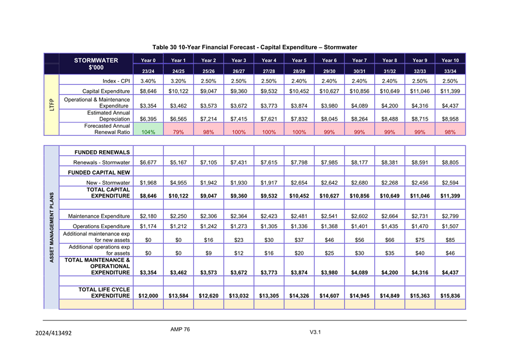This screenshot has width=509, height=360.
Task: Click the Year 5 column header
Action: [x=299, y=60]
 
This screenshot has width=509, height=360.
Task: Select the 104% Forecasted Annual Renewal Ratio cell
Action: [x=148, y=132]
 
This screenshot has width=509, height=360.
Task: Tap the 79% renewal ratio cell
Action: [x=178, y=132]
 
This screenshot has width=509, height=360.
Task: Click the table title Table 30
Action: [x=254, y=47]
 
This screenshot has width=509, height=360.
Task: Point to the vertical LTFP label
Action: [x=51, y=105]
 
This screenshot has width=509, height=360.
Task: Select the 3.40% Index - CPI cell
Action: [x=148, y=81]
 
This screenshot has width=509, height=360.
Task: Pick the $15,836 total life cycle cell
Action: [x=450, y=295]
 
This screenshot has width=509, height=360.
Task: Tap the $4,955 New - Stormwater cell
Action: [x=178, y=183]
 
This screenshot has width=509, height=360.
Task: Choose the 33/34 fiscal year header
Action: [x=450, y=71]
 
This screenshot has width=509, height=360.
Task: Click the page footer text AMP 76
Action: [x=180, y=329]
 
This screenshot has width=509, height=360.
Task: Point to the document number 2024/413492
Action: [x=48, y=333]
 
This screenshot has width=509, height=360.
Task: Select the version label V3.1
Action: [x=315, y=333]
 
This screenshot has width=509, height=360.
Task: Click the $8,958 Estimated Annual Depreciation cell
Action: [x=450, y=119]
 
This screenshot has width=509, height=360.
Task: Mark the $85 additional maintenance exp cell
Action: [x=450, y=240]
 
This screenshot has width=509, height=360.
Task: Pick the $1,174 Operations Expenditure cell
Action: [x=148, y=226]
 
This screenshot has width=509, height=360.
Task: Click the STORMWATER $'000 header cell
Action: [x=96, y=64]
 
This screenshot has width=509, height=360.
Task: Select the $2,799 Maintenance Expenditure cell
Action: [x=450, y=215]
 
